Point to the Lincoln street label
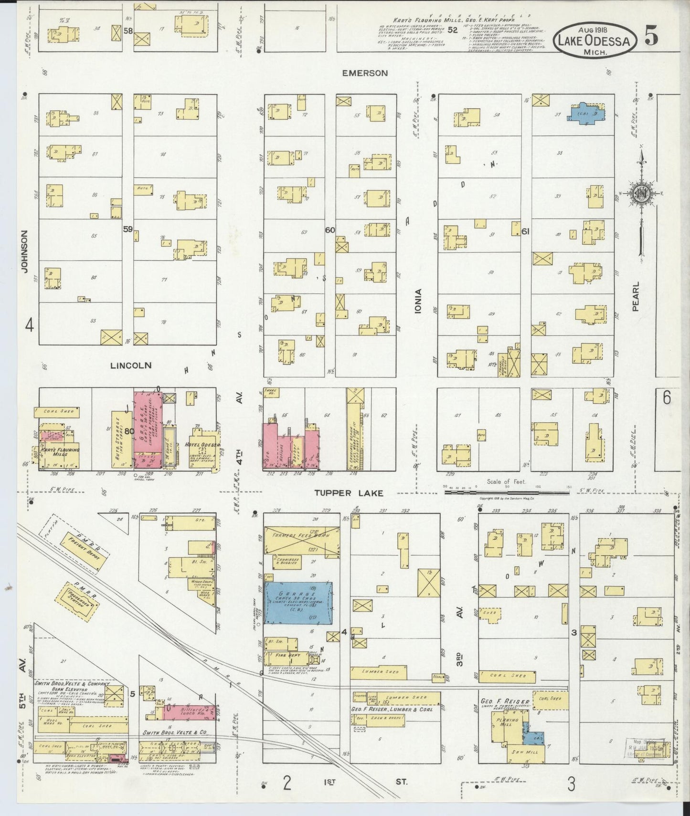coord(130,365)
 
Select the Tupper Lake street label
coord(348,493)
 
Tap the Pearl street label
coord(636,296)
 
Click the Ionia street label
coord(419,301)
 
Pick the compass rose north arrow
coord(641,193)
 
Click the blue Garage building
coord(299,602)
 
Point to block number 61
coord(526,231)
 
